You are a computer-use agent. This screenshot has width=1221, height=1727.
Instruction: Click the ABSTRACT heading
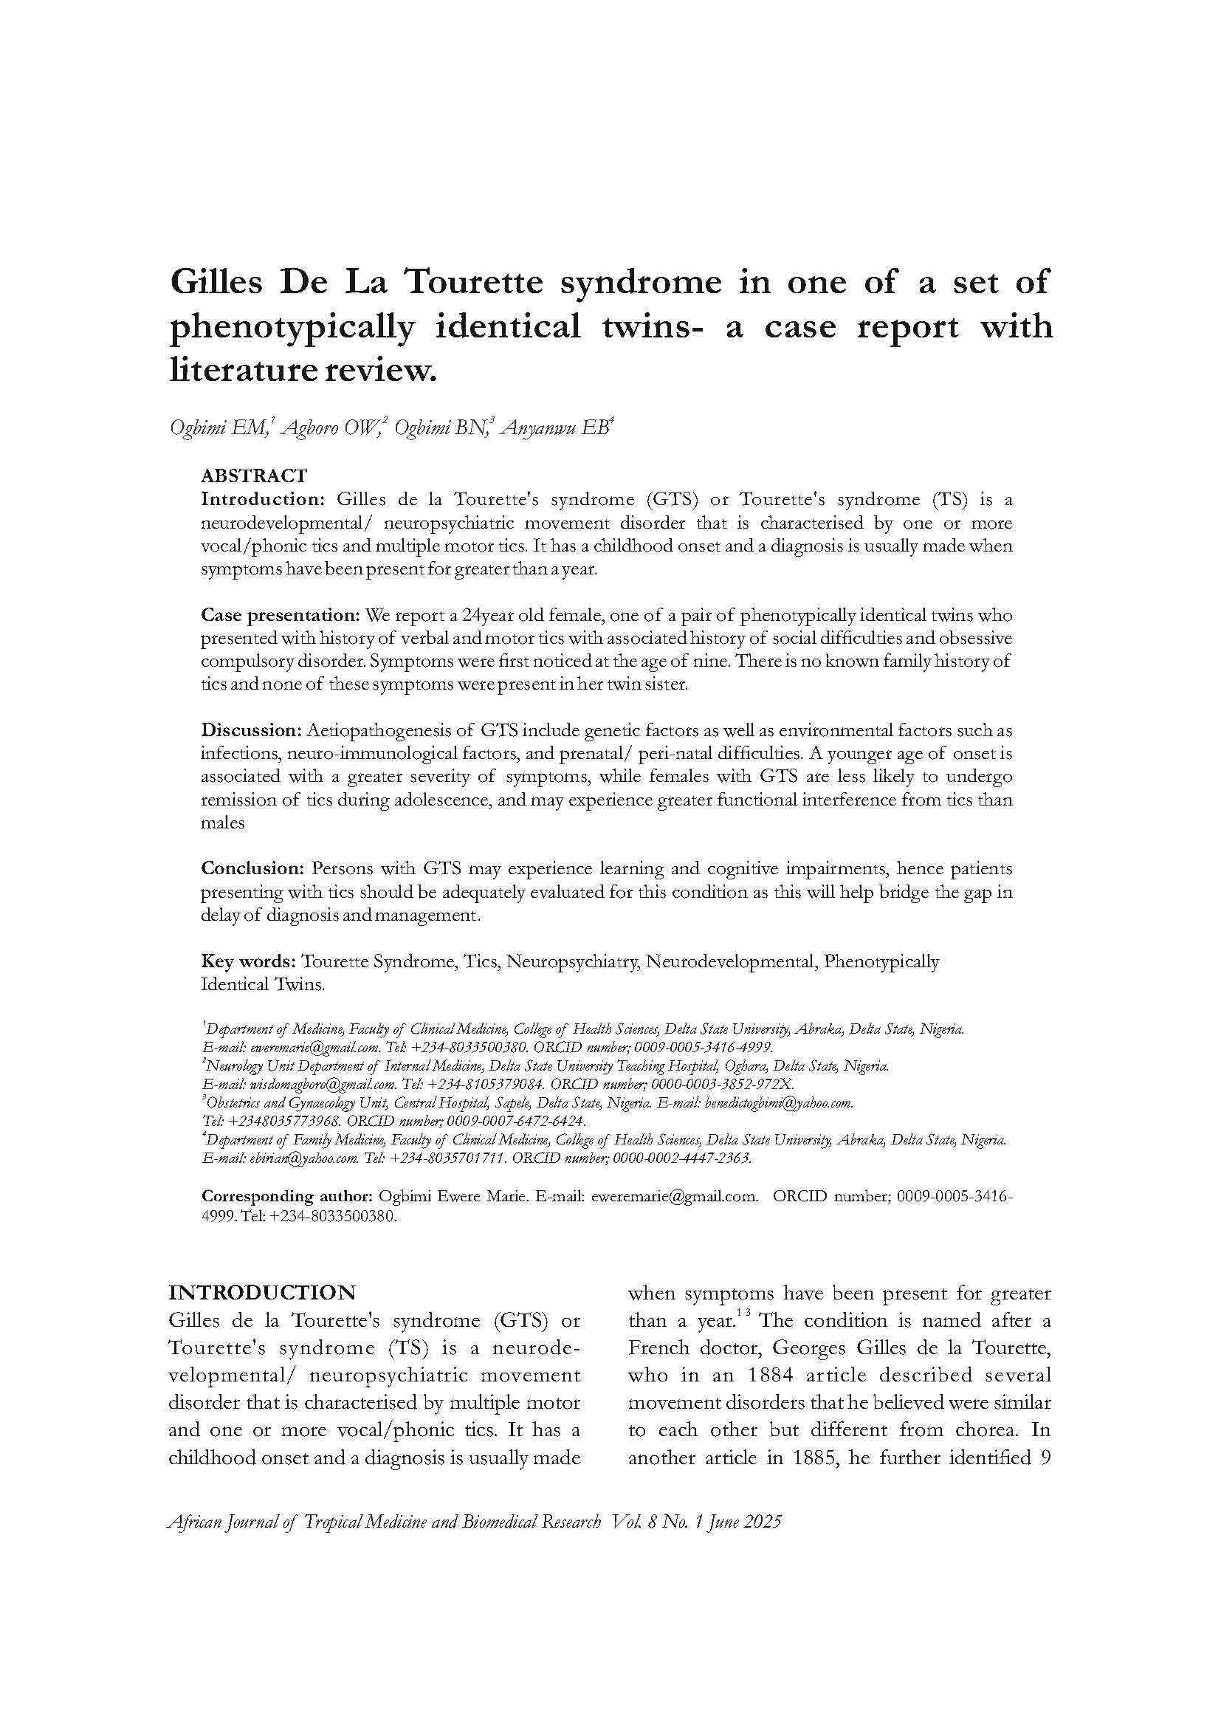[x=254, y=476]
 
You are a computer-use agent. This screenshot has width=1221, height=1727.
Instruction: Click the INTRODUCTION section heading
[x=261, y=1292]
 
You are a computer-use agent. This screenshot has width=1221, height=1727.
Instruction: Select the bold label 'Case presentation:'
[x=281, y=615]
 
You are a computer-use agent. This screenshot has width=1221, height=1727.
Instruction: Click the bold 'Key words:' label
[x=248, y=961]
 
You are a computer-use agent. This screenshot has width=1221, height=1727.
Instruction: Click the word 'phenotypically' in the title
[x=292, y=327]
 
